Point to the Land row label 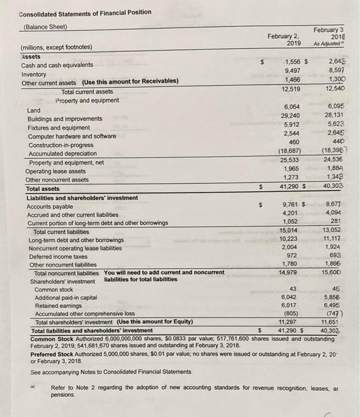pyautogui.click(x=34, y=111)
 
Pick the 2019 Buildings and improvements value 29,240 pyautogui.click(x=290, y=115)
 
